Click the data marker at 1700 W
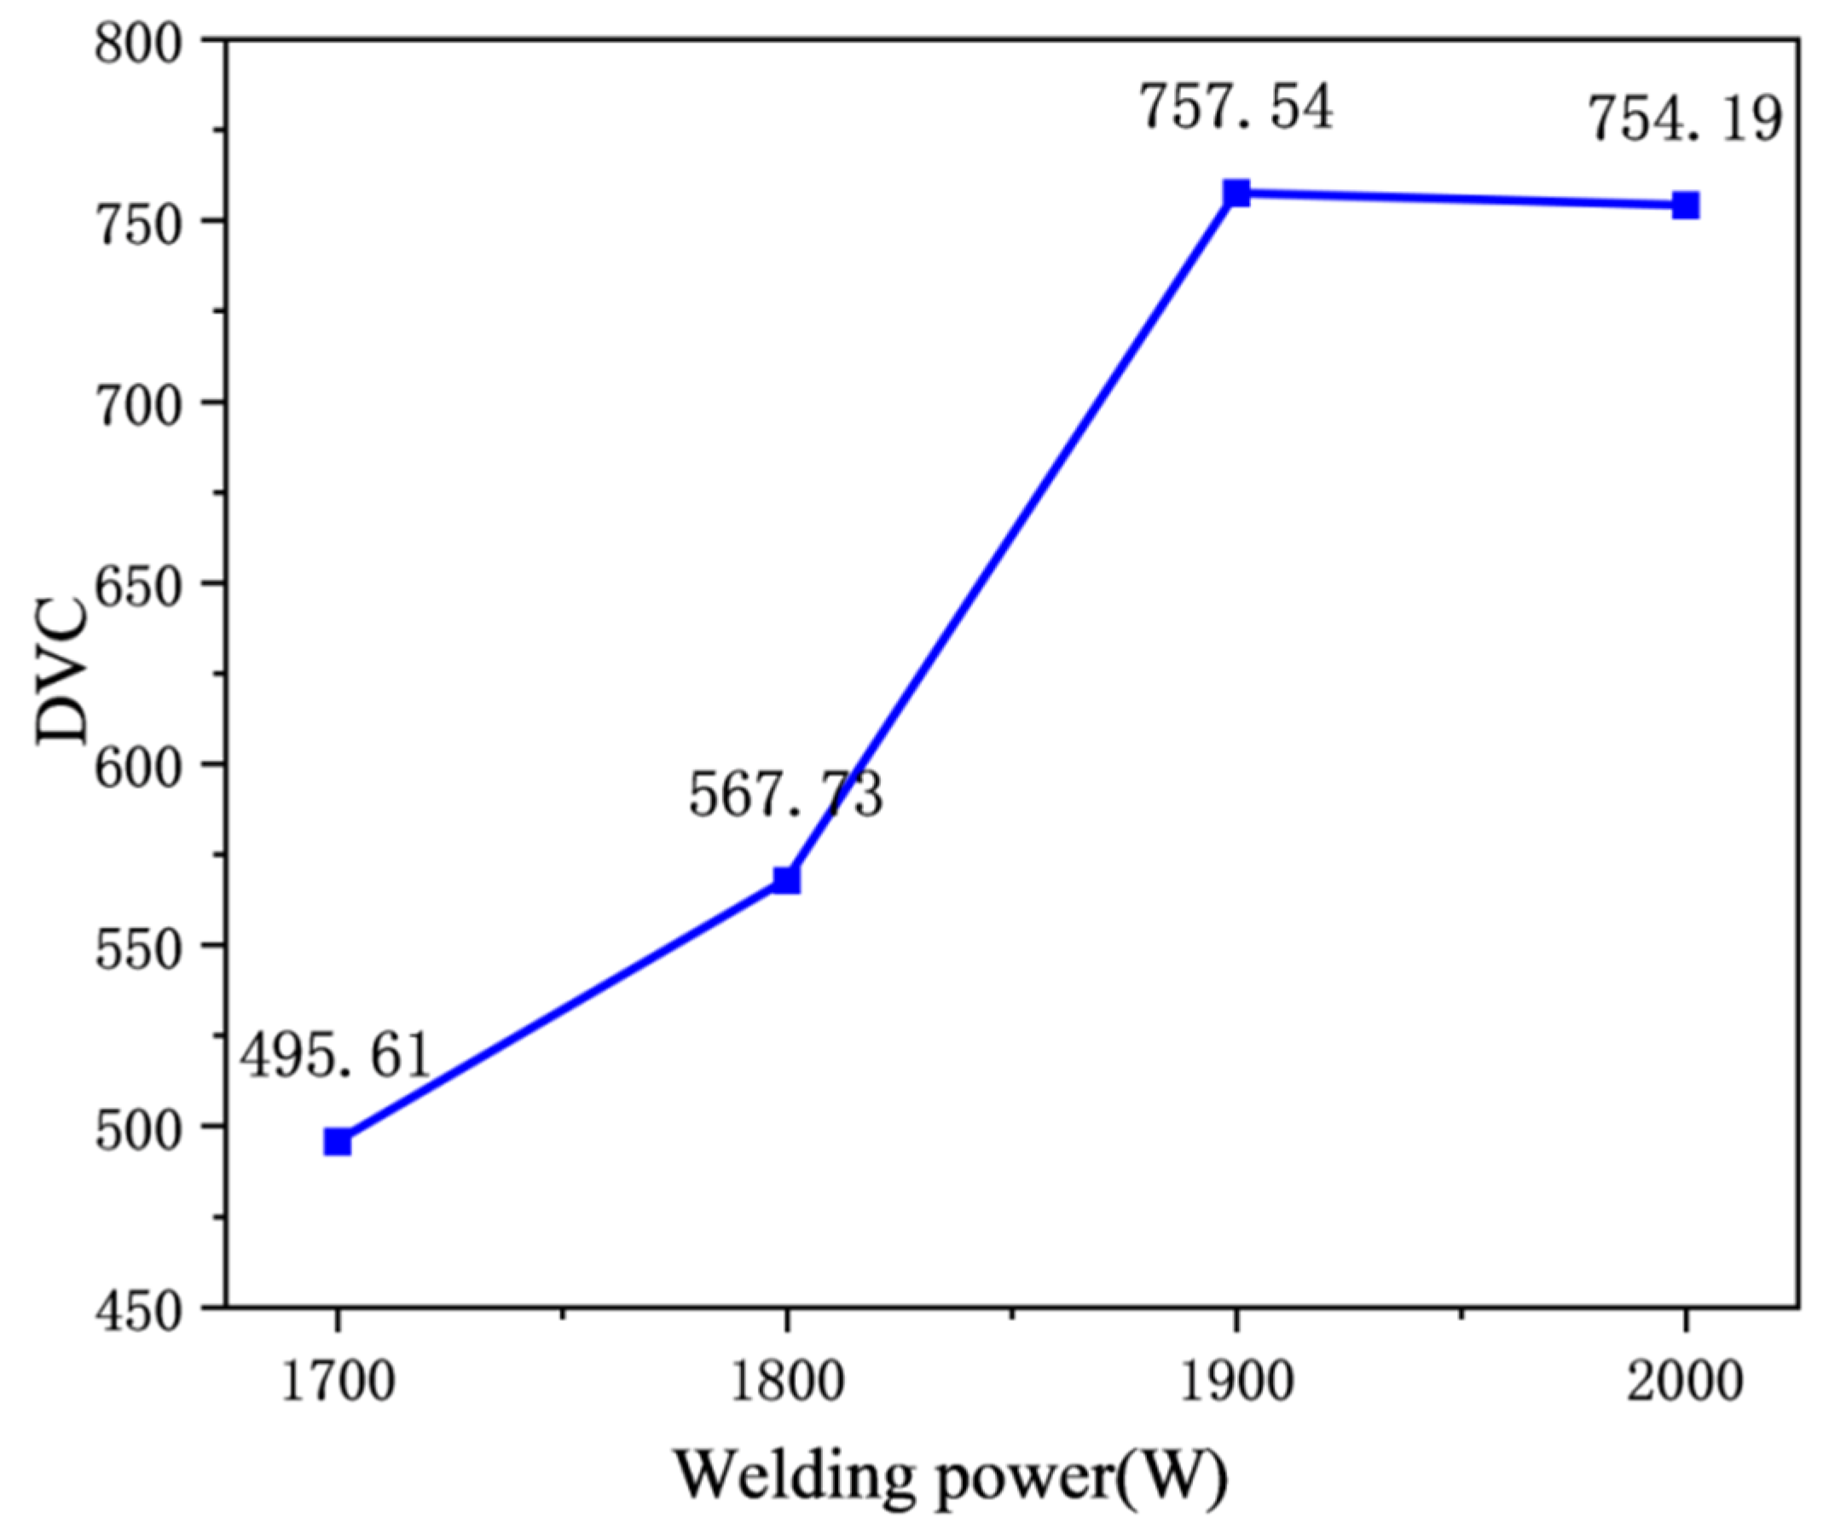pyautogui.click(x=337, y=1141)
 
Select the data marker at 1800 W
pyautogui.click(x=786, y=880)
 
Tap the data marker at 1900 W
pyautogui.click(x=1236, y=193)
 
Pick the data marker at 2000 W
pyautogui.click(x=1686, y=206)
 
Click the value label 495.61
pyautogui.click(x=335, y=1055)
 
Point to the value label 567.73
pyautogui.click(x=785, y=794)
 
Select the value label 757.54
pyautogui.click(x=1236, y=107)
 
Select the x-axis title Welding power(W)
pyautogui.click(x=952, y=1476)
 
